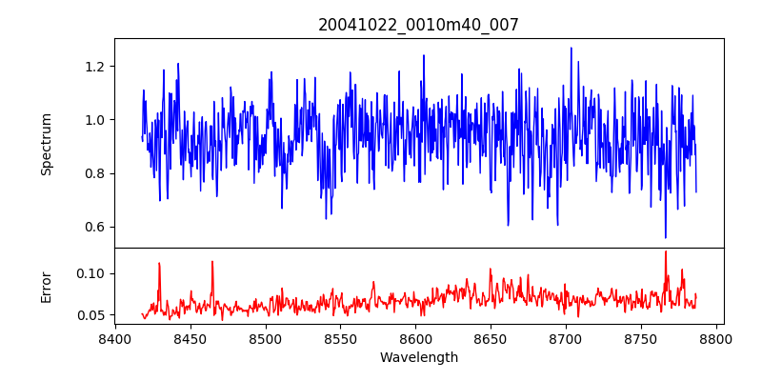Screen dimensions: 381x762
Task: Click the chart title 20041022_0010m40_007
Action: coord(418,25)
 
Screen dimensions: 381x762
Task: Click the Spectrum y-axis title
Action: coord(47,144)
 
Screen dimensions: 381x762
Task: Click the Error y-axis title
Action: coord(47,287)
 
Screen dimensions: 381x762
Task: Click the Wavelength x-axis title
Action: coord(418,358)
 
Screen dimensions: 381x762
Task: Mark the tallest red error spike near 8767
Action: coord(666,252)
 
